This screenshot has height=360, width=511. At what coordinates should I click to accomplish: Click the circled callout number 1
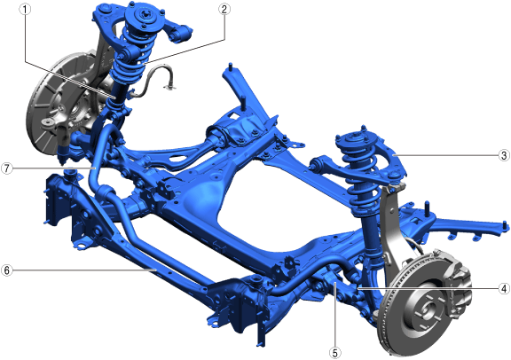(x=25, y=10)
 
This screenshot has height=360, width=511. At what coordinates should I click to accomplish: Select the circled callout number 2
(x=224, y=10)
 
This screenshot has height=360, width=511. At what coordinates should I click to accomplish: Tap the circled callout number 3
(x=504, y=155)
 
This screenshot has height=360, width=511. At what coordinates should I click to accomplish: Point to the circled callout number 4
(x=504, y=288)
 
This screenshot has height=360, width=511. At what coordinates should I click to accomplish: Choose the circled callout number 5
(x=335, y=352)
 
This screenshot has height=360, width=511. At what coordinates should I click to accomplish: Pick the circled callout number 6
(x=7, y=270)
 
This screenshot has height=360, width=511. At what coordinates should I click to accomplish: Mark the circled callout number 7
(x=7, y=168)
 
